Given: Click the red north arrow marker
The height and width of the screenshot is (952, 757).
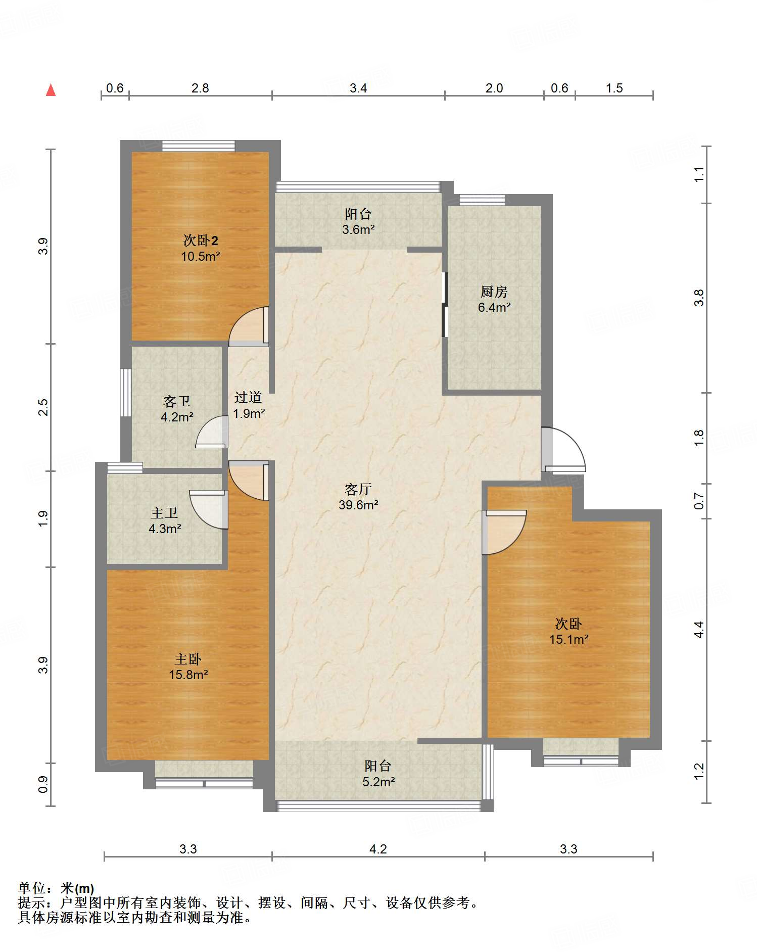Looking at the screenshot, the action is (51, 90).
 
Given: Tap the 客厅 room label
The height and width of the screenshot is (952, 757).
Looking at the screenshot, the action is (358, 489).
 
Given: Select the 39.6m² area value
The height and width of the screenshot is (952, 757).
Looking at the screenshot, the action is (358, 504).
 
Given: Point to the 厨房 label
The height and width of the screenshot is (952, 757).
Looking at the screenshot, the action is (494, 292).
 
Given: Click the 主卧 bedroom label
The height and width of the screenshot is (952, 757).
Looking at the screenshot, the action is (188, 659).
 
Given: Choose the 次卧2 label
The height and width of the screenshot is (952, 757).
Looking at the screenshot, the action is (201, 240).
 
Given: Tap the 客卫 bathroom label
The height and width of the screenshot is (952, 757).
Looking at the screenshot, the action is (177, 401).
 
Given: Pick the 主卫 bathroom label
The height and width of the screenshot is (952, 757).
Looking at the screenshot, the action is (164, 513).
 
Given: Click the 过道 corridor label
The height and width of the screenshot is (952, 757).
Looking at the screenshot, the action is (248, 397).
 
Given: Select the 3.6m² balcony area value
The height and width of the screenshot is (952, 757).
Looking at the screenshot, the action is (358, 229).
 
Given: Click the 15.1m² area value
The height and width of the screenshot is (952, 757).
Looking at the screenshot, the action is (569, 639).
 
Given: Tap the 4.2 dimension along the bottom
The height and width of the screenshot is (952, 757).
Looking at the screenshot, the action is (378, 849).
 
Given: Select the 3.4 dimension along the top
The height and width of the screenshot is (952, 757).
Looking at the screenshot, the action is (358, 88).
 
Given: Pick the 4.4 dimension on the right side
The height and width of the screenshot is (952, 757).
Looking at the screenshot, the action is (699, 630).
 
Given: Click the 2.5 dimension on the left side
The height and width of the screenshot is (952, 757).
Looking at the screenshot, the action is (43, 407).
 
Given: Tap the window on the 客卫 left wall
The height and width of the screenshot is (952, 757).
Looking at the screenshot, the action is (125, 393).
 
